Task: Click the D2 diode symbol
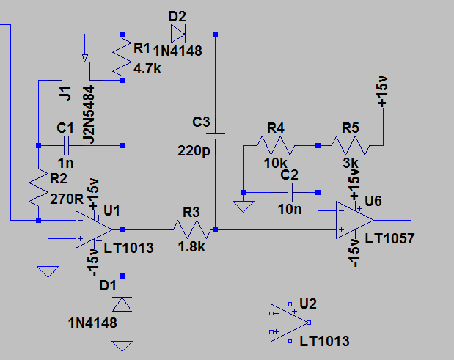[x=178, y=34]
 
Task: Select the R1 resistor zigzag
[x=122, y=57]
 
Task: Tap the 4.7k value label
[x=147, y=69]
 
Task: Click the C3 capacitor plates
[x=215, y=136]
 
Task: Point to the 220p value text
[x=194, y=151]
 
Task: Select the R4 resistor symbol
[x=276, y=145]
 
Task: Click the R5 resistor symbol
[x=351, y=145]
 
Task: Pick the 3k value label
[x=351, y=164]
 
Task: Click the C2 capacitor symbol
[x=290, y=192]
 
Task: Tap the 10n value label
[x=290, y=209]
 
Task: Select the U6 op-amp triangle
[x=355, y=220]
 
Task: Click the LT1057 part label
[x=389, y=239]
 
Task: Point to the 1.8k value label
[x=191, y=247]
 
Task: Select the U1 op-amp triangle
[x=94, y=229]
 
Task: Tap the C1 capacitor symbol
[x=66, y=145]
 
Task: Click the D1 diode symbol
[x=122, y=304]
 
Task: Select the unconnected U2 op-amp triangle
[x=289, y=323]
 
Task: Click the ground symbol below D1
[x=122, y=346]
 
